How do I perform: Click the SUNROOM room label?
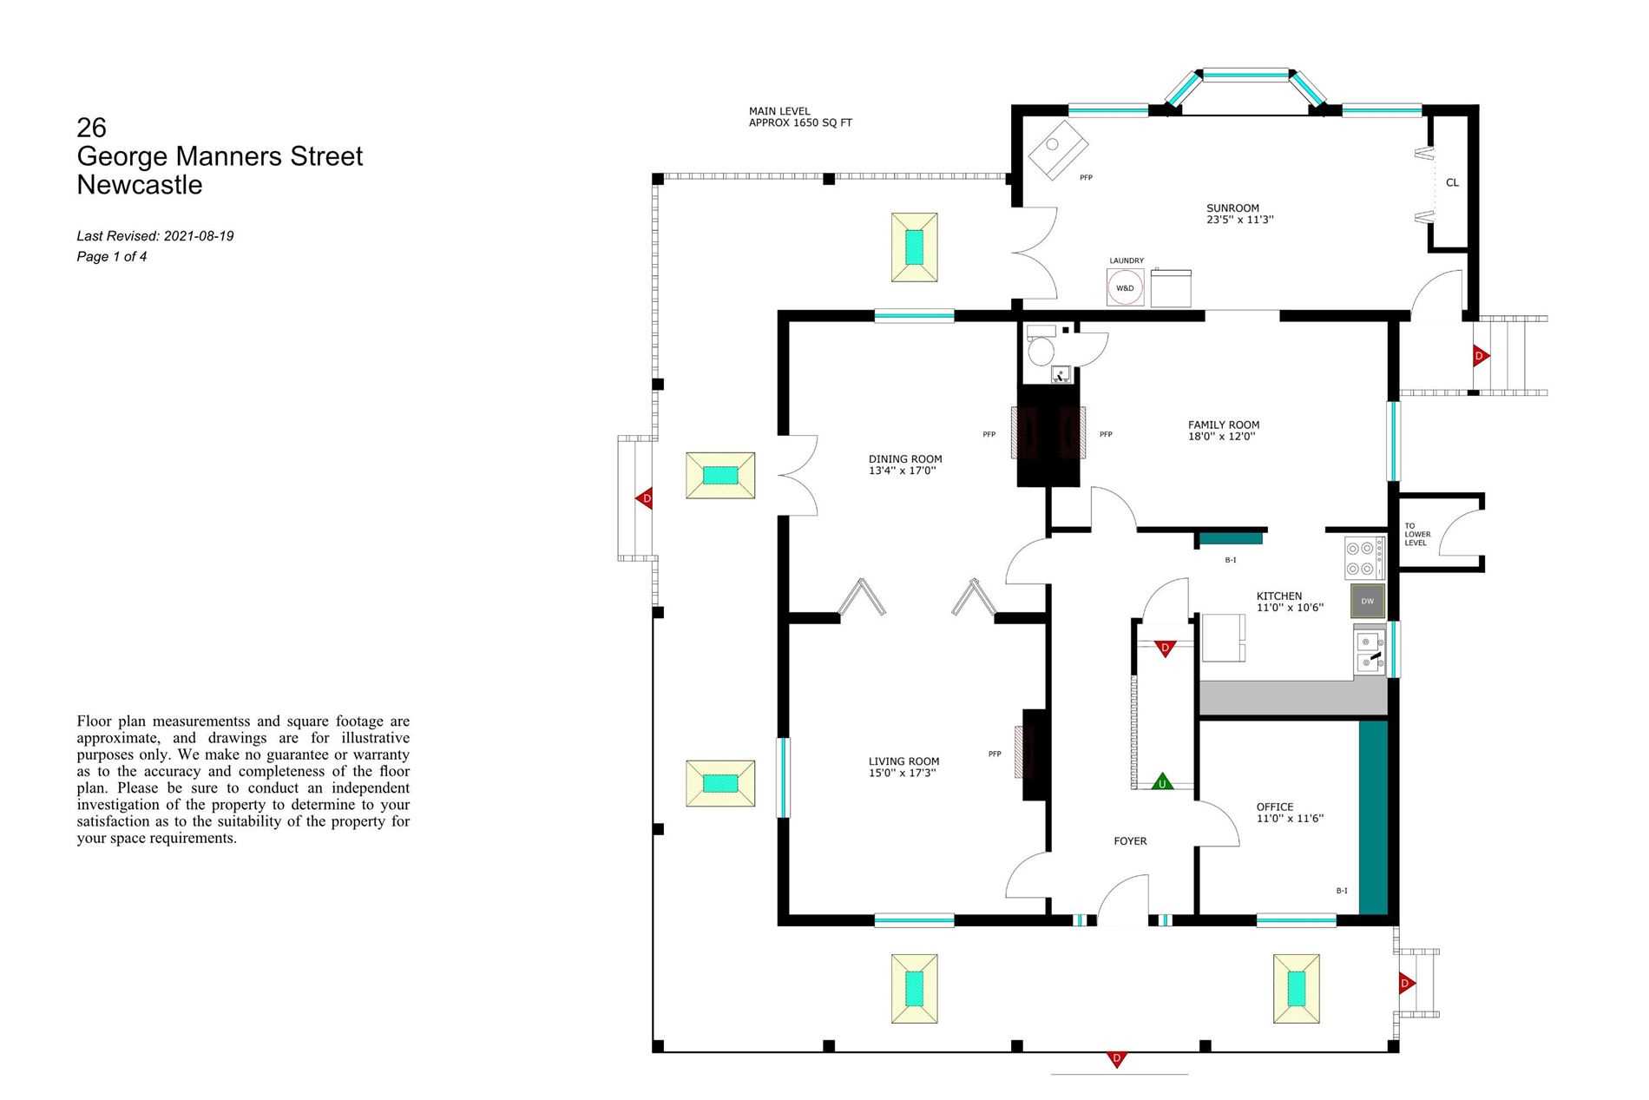point(1232,208)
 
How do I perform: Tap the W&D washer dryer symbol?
point(1125,287)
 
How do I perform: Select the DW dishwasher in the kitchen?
point(1367,601)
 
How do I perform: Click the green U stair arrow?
point(1162,782)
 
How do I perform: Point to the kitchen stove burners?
point(1363,558)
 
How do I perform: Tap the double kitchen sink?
point(1369,652)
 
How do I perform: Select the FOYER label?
point(1130,840)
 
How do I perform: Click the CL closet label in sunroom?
point(1452,182)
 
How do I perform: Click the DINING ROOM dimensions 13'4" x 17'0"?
point(902,471)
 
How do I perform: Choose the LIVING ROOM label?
point(903,761)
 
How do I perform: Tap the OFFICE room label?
point(1274,807)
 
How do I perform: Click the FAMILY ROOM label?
point(1224,425)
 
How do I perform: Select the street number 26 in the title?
point(91,128)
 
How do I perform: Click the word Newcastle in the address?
point(139,185)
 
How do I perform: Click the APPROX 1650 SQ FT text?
point(800,123)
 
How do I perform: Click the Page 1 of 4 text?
point(111,257)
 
